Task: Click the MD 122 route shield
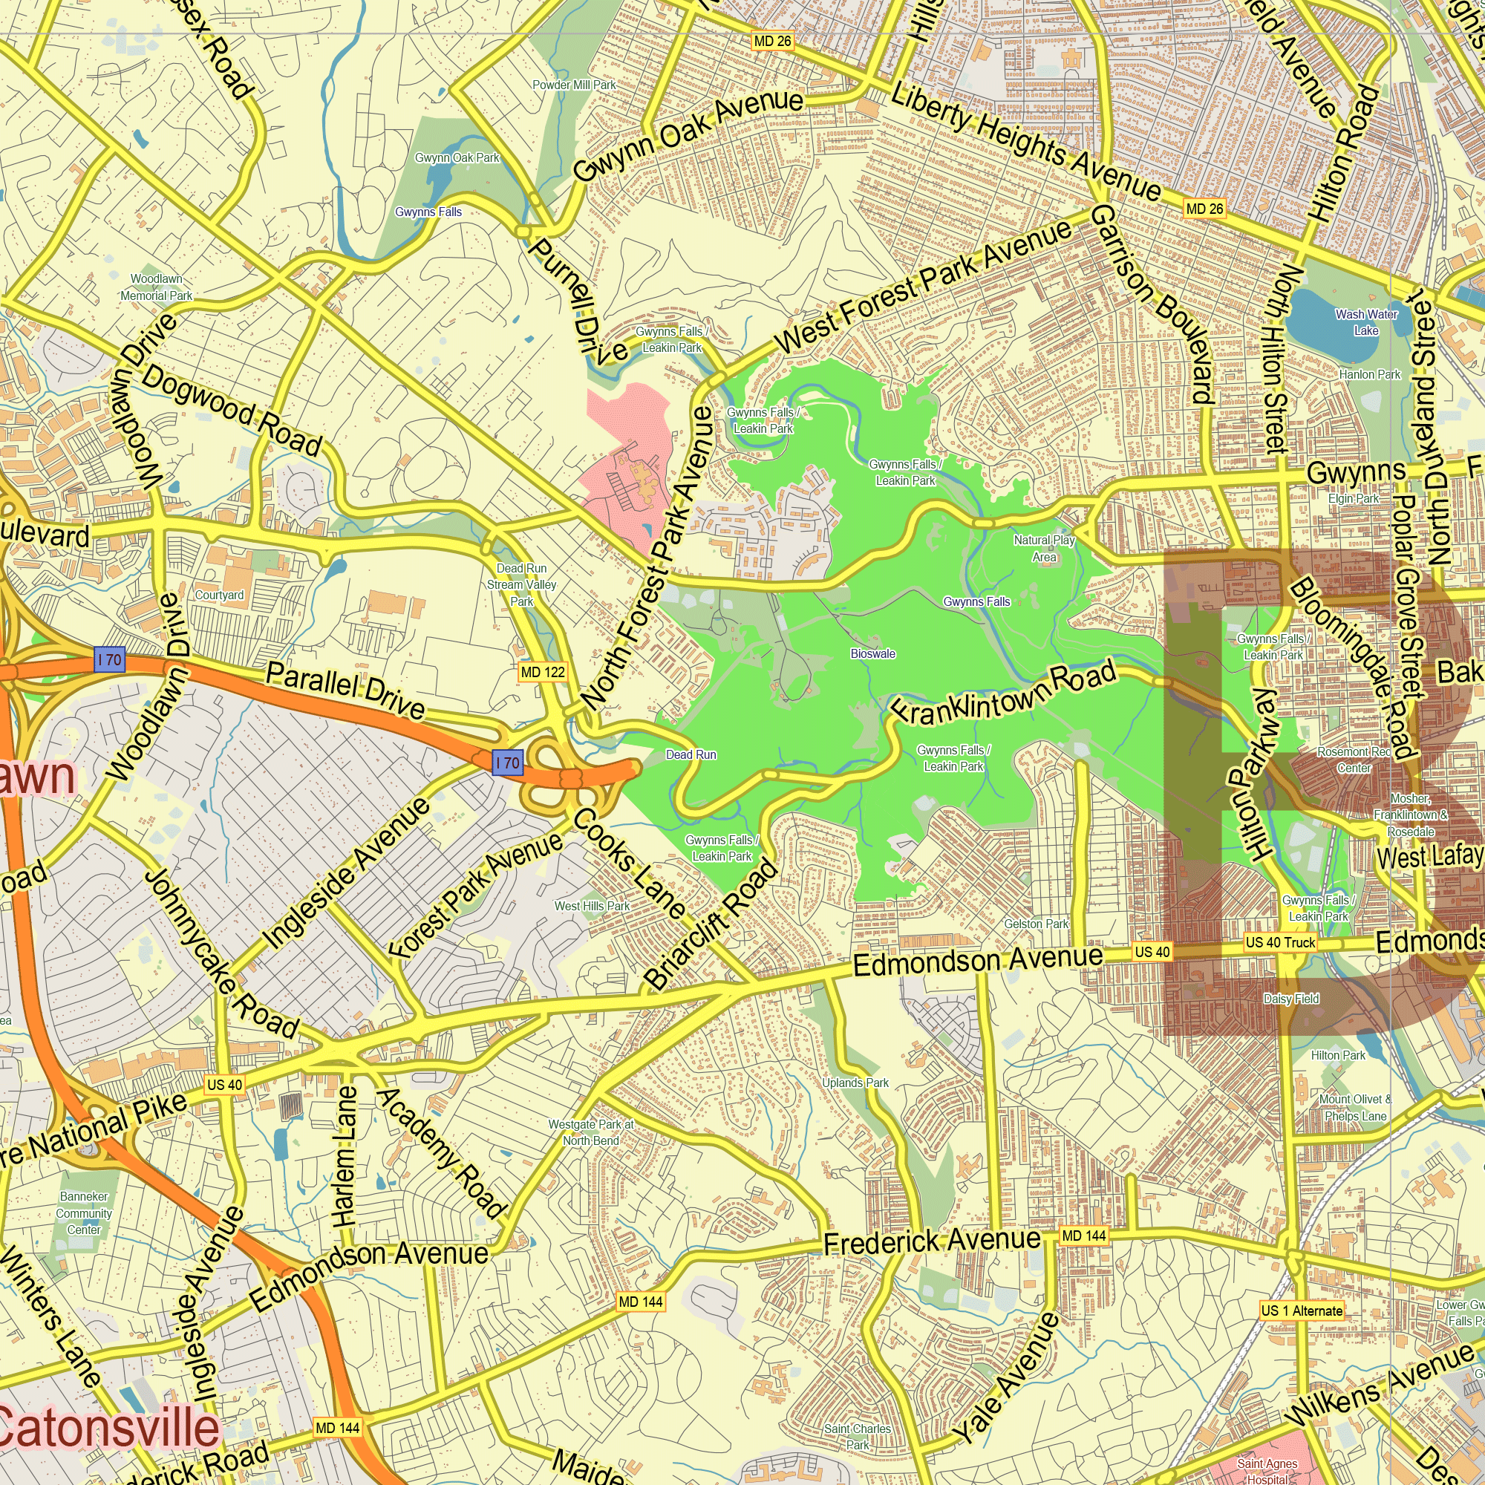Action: [x=543, y=673]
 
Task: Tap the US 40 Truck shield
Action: [x=1280, y=942]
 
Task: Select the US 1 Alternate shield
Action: [x=1302, y=1311]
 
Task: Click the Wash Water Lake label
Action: [x=1366, y=322]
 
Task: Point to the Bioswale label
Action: [x=873, y=654]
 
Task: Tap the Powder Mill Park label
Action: [x=574, y=85]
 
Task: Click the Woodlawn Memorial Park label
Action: [x=156, y=287]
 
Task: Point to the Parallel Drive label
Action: [x=346, y=691]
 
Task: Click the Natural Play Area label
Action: [x=1044, y=549]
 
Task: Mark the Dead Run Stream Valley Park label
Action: [x=522, y=585]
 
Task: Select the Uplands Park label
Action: [x=855, y=1083]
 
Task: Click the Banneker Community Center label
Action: [x=84, y=1213]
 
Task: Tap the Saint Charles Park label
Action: [x=857, y=1437]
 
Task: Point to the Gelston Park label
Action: [x=1036, y=924]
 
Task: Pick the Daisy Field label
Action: [x=1291, y=999]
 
